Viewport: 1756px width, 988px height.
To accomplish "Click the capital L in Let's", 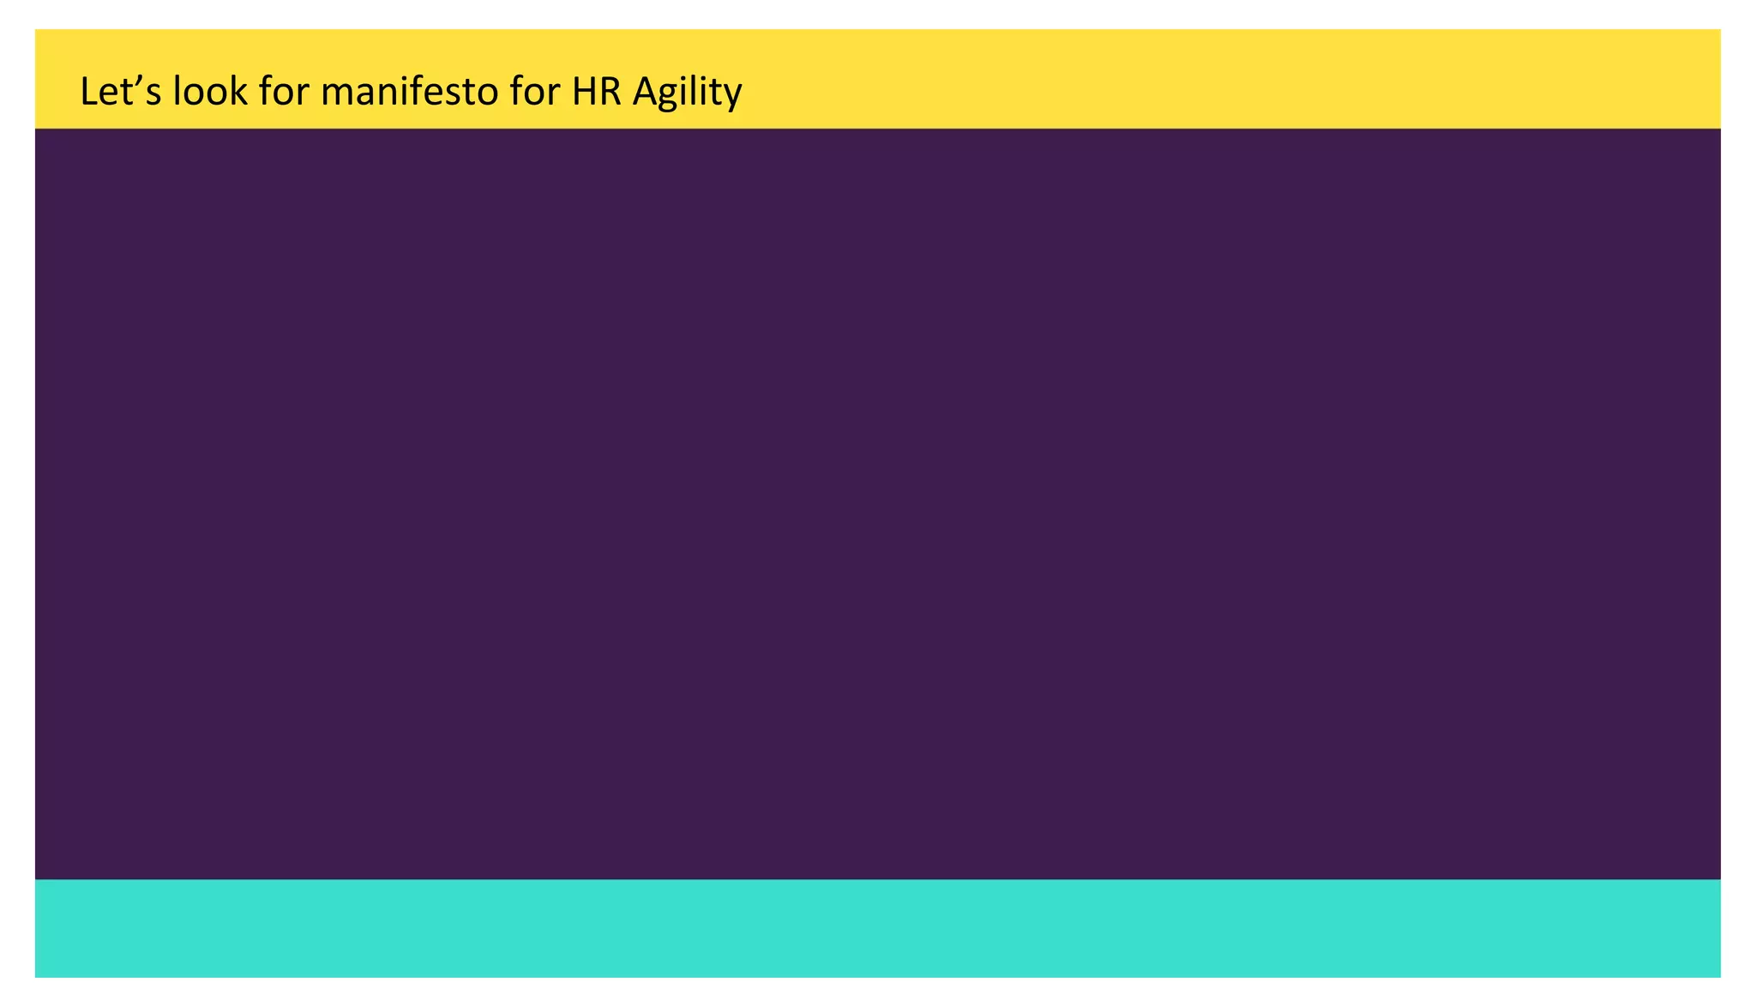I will click(x=88, y=91).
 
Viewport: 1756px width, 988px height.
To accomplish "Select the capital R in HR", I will click(x=610, y=91).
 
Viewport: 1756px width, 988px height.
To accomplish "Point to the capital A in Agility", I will click(x=644, y=91).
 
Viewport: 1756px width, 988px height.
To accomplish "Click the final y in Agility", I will click(x=732, y=96).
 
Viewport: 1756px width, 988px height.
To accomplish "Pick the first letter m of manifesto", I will click(x=335, y=93).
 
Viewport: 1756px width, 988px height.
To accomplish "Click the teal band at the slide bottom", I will click(x=877, y=927).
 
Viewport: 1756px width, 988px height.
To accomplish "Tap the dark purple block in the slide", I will click(x=877, y=503).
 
